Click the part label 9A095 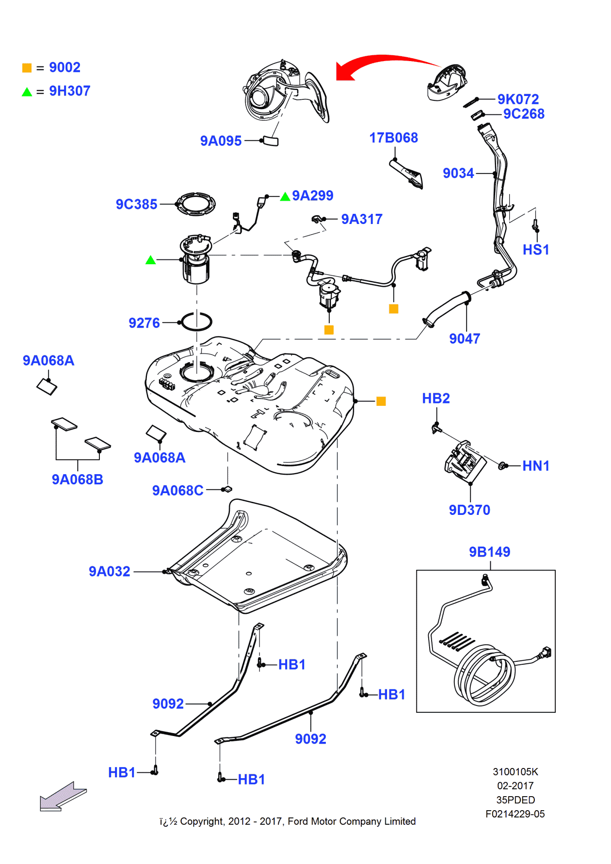coord(221,141)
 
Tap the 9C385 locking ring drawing coord(195,204)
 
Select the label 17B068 coord(393,138)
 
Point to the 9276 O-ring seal coord(196,321)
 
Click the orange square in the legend coord(27,68)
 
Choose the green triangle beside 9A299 coord(285,196)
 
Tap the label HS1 coord(535,250)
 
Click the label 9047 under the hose coord(464,338)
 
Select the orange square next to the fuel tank coord(381,401)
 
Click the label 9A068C coord(177,490)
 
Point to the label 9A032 coord(109,571)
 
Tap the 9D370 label coord(469,510)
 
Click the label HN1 coord(535,466)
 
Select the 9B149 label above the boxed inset coord(489,552)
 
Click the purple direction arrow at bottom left coord(63,797)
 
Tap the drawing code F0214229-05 coord(515,814)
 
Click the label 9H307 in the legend coord(69,91)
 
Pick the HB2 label coord(435,399)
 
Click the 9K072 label coord(518,99)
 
